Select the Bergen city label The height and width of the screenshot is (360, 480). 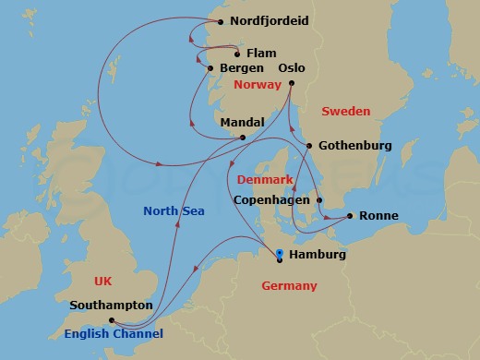(x=244, y=68)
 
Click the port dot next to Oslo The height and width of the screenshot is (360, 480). (x=291, y=84)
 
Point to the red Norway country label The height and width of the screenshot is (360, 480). (x=258, y=85)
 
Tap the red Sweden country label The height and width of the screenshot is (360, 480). (x=345, y=112)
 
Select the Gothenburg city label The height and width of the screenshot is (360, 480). (x=354, y=146)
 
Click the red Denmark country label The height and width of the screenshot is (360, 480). (x=265, y=179)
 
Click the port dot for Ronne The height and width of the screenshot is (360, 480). (x=350, y=217)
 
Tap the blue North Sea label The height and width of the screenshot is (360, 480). (x=174, y=211)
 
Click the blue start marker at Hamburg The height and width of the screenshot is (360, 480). (x=280, y=251)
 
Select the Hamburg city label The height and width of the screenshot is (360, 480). (x=317, y=255)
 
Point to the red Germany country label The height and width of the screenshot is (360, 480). (x=289, y=286)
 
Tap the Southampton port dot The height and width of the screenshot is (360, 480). (x=111, y=320)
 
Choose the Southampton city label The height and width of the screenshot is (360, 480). (x=111, y=305)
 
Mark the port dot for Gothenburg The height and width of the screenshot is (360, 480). (x=309, y=145)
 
